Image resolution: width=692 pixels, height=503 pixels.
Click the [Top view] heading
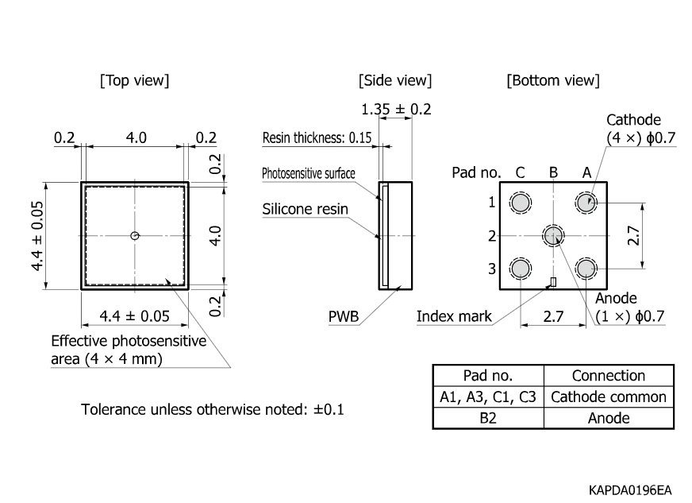point(134,80)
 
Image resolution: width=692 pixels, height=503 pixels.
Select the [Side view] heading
point(395,80)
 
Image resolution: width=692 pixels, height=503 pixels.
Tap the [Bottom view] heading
point(553,80)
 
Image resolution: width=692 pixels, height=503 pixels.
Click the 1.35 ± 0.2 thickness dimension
point(395,109)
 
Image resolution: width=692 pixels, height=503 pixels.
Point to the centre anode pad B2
point(553,234)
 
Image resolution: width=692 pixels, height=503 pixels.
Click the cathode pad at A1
point(586,203)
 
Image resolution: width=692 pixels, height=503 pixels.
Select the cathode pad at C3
point(521,269)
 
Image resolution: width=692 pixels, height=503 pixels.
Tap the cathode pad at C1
point(521,203)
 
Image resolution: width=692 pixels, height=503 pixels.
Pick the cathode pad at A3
point(586,269)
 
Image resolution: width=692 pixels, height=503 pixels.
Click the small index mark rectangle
point(554,281)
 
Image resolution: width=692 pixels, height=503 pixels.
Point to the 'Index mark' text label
point(454,317)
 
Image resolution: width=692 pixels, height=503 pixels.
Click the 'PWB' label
point(344,317)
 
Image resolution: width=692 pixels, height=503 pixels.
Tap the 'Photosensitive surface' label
point(309,173)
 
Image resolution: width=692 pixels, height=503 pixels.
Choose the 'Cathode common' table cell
point(609,397)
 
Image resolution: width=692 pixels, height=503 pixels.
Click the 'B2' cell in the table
point(487,418)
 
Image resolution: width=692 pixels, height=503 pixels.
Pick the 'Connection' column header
point(609,375)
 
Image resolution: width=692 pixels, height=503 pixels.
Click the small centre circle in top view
point(135,235)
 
